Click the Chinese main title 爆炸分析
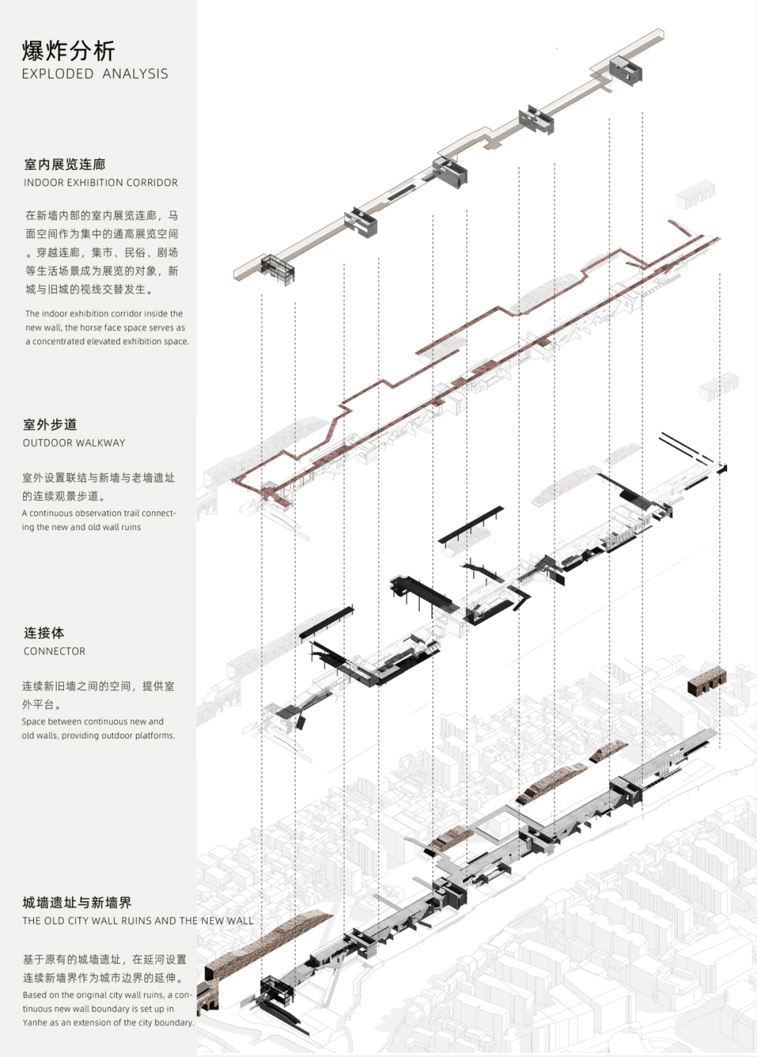[x=68, y=51]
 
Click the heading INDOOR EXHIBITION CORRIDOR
[x=101, y=182]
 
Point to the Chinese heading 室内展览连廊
[x=64, y=164]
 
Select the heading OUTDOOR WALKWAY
[x=74, y=443]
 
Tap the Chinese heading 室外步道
[x=50, y=424]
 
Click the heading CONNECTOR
[x=54, y=651]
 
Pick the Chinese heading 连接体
[x=43, y=633]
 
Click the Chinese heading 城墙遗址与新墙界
[x=77, y=903]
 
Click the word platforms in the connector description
[x=155, y=736]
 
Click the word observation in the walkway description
[x=94, y=513]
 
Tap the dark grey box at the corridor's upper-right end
[x=625, y=71]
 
